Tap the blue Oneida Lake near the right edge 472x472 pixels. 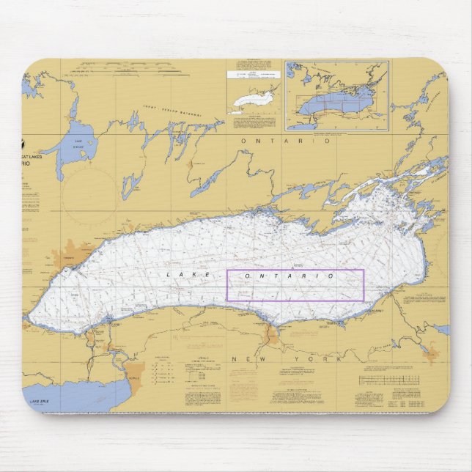coord(441,330)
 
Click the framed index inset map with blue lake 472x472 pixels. coord(336,95)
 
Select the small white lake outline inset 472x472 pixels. coord(252,100)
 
